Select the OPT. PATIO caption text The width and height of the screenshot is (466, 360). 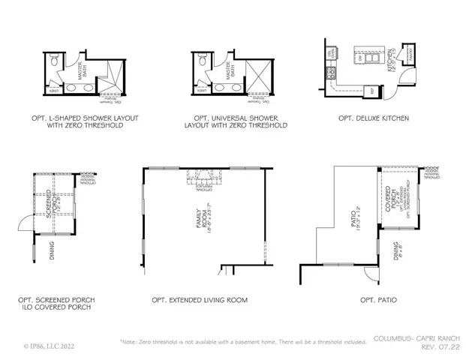379,300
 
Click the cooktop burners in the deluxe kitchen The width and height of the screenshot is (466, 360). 329,72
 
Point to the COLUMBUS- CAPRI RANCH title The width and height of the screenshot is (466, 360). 412,338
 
